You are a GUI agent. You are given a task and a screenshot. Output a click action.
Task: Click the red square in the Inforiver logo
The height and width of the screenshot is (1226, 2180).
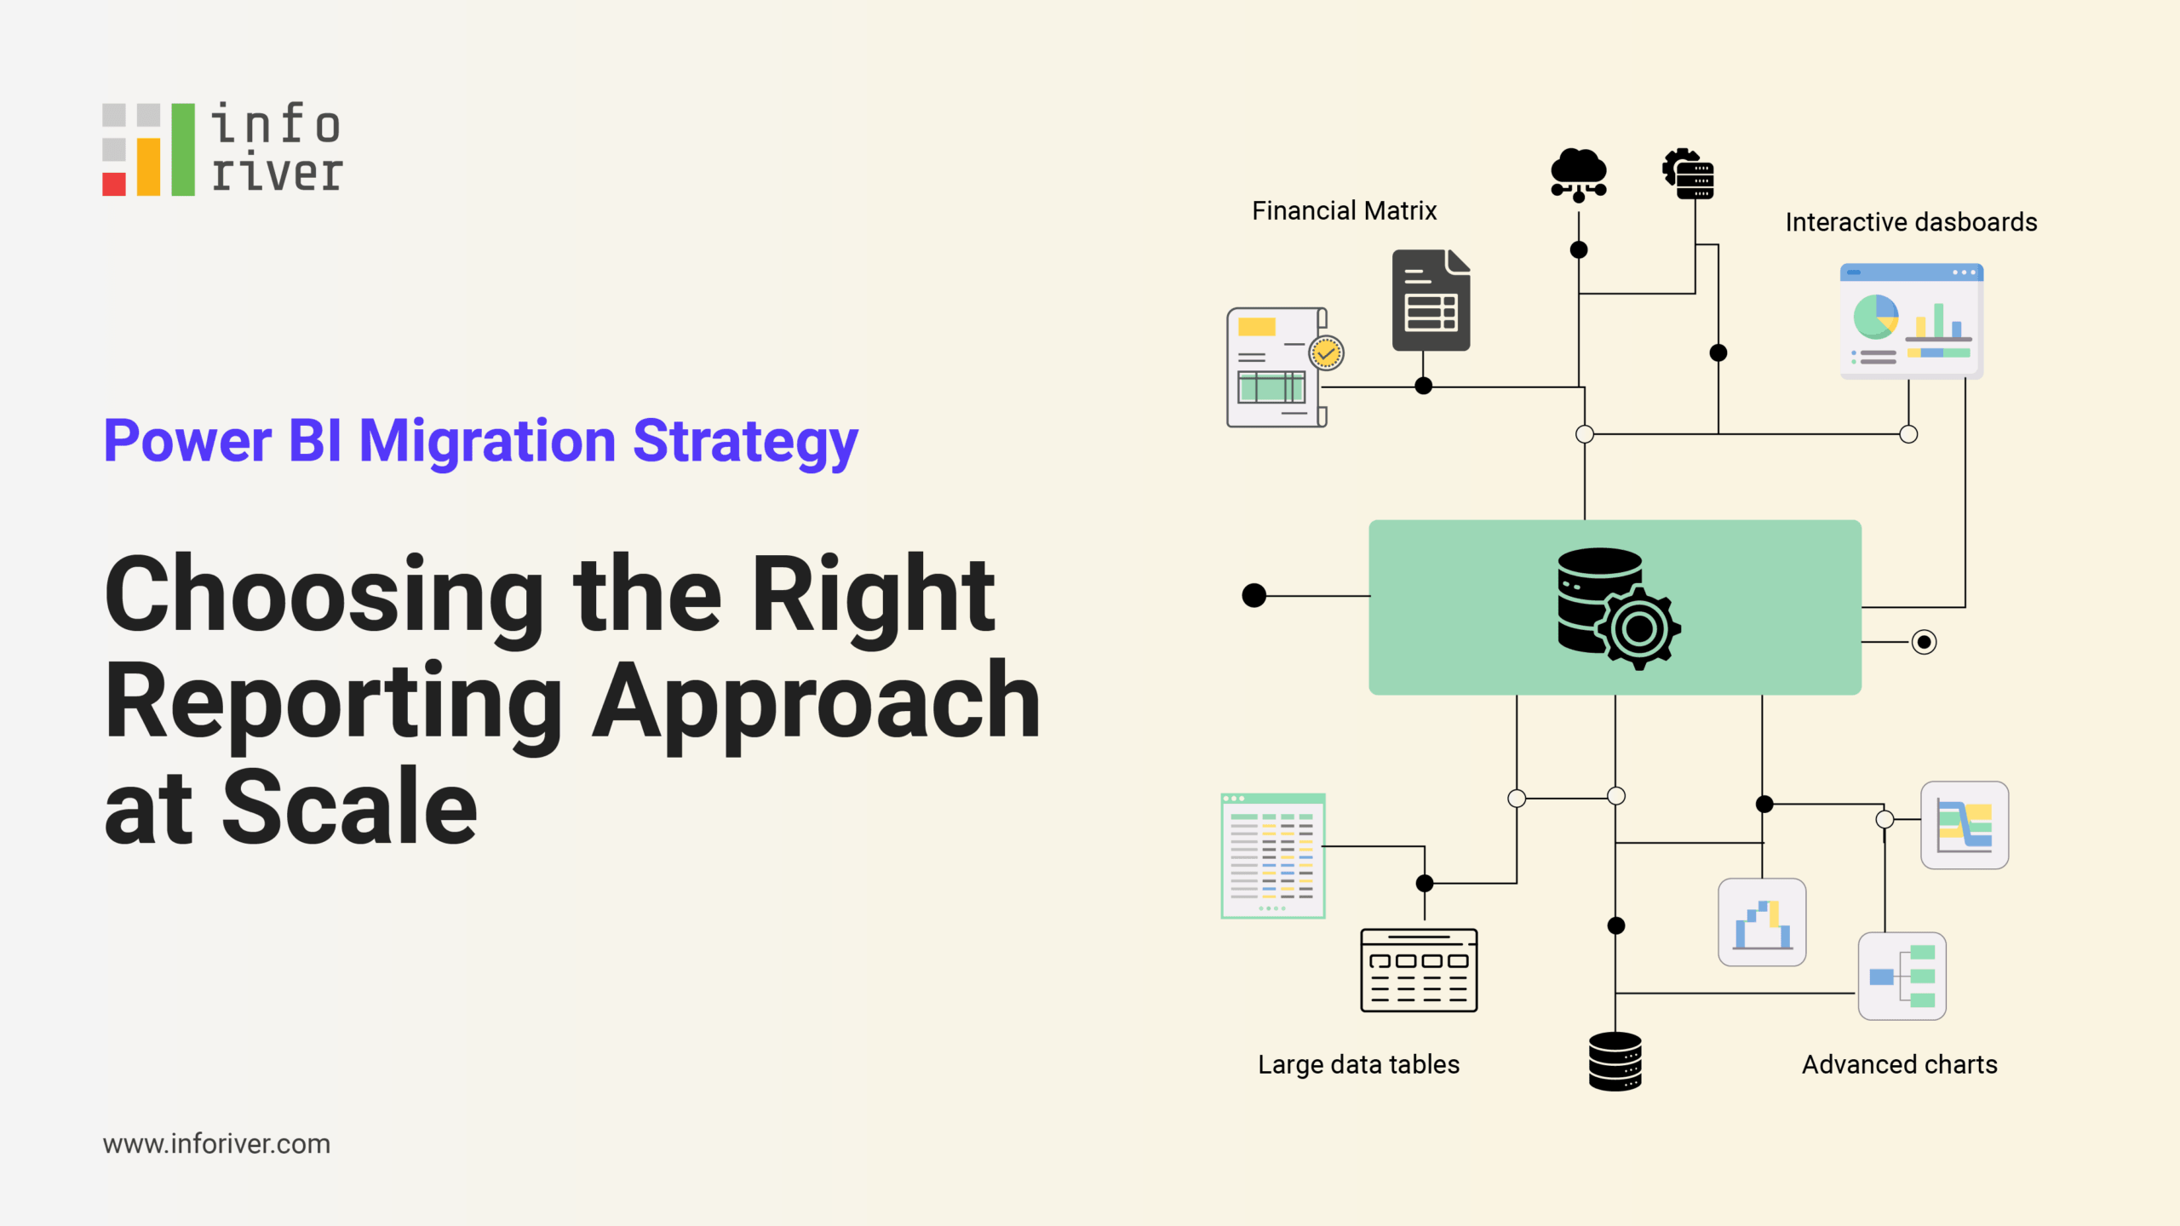click(x=114, y=184)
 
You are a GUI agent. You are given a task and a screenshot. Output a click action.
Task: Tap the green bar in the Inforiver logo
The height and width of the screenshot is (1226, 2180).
click(x=183, y=150)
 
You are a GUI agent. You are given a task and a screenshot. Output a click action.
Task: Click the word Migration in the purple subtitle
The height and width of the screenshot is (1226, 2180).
click(x=487, y=441)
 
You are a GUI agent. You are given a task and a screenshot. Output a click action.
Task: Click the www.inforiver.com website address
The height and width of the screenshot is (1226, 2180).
click(x=216, y=1143)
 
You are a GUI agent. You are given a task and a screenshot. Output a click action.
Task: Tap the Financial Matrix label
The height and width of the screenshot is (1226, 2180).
click(x=1344, y=210)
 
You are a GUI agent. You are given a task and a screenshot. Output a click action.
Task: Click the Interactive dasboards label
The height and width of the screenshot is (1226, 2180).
click(x=1911, y=222)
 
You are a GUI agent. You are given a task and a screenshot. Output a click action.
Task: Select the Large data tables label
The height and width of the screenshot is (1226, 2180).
click(x=1358, y=1064)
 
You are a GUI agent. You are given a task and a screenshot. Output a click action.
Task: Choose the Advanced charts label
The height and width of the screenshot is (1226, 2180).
click(x=1899, y=1064)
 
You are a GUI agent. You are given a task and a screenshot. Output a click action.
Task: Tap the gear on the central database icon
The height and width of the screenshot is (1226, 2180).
click(x=1639, y=629)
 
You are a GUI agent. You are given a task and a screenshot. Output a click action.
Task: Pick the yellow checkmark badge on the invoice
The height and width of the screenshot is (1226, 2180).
click(x=1327, y=352)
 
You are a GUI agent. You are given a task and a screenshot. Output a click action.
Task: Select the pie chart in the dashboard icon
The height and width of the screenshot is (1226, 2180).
click(x=1876, y=317)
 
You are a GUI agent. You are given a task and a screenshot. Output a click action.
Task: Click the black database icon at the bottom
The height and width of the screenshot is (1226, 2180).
click(x=1615, y=1061)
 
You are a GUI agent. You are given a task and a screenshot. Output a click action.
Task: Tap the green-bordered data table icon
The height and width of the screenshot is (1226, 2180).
click(x=1273, y=856)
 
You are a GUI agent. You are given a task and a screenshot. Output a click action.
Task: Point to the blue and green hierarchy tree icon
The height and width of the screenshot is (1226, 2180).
click(x=1902, y=976)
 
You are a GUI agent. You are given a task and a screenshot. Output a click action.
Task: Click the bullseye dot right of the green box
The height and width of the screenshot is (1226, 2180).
click(x=1924, y=642)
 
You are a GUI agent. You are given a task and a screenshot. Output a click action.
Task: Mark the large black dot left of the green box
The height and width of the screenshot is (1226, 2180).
click(x=1254, y=595)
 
